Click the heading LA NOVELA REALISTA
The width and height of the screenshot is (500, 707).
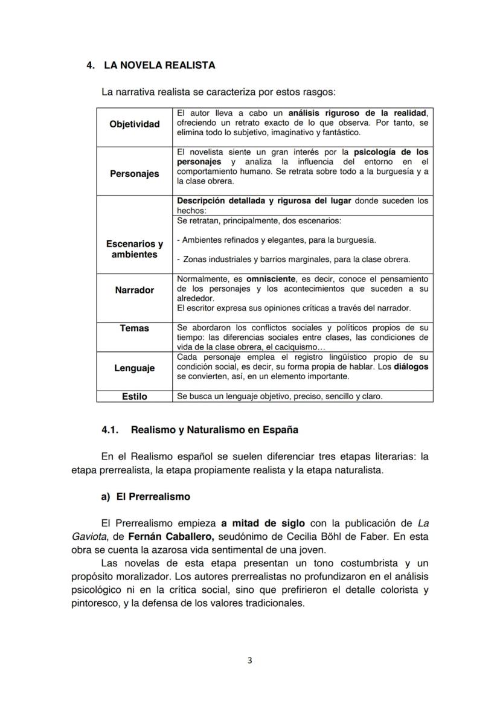click(159, 65)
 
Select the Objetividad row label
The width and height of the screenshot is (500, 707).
click(134, 124)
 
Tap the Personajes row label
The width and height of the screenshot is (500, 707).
click(134, 174)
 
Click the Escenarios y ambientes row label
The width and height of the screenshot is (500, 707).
click(134, 249)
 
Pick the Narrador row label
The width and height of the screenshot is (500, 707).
click(134, 290)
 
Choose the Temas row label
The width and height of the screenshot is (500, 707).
click(134, 328)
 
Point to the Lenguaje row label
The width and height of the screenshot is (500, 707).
click(134, 368)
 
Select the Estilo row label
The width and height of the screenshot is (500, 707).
click(134, 397)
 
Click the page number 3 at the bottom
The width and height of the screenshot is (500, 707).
click(250, 660)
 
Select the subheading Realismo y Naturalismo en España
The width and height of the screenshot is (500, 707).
click(214, 430)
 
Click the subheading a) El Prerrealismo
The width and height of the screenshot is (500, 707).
click(146, 497)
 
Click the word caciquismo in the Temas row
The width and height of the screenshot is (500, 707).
click(296, 347)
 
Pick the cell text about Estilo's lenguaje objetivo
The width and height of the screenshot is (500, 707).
click(280, 397)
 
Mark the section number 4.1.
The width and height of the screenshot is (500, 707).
click(111, 430)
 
